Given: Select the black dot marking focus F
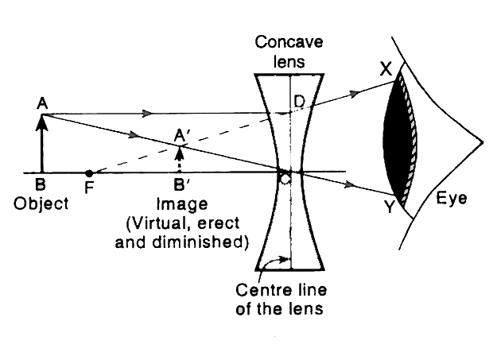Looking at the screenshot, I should coord(89,172).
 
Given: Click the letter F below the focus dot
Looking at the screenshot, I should coord(88,191).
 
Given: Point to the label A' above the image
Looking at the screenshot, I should coord(184,135).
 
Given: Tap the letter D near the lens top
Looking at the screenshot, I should coord(299,101).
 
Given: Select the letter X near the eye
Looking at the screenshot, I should coord(385,69).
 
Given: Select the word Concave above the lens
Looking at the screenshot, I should coord(289,41).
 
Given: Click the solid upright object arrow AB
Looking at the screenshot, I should coord(44,143).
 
